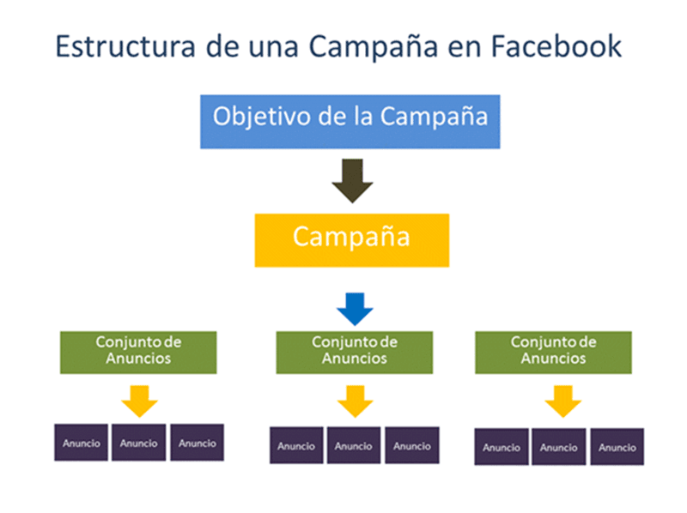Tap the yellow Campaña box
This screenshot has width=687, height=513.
tap(350, 238)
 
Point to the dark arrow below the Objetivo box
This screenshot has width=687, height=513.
tap(352, 178)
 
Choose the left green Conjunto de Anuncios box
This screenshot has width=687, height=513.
tap(138, 351)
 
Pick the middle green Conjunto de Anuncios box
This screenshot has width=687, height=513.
tap(355, 351)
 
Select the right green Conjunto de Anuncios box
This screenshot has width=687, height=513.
tap(554, 351)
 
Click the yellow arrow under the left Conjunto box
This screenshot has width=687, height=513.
tap(139, 400)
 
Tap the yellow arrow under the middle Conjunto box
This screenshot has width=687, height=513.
tap(355, 400)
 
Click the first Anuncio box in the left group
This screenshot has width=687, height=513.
tap(82, 443)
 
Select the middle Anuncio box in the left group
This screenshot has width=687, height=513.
tap(139, 443)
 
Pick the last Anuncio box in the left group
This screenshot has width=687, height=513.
tap(198, 443)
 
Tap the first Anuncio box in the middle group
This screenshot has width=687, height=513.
tap(297, 446)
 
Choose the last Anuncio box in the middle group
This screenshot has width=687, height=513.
tap(412, 446)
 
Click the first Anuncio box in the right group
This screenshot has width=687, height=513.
tap(502, 448)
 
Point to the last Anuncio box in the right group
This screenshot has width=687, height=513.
tap(617, 448)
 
